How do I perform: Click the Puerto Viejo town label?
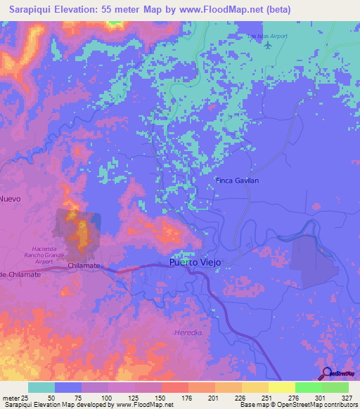[195, 262]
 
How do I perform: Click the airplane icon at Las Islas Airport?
[268, 46]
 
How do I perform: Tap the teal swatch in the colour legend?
[41, 387]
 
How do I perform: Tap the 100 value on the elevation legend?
[108, 397]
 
